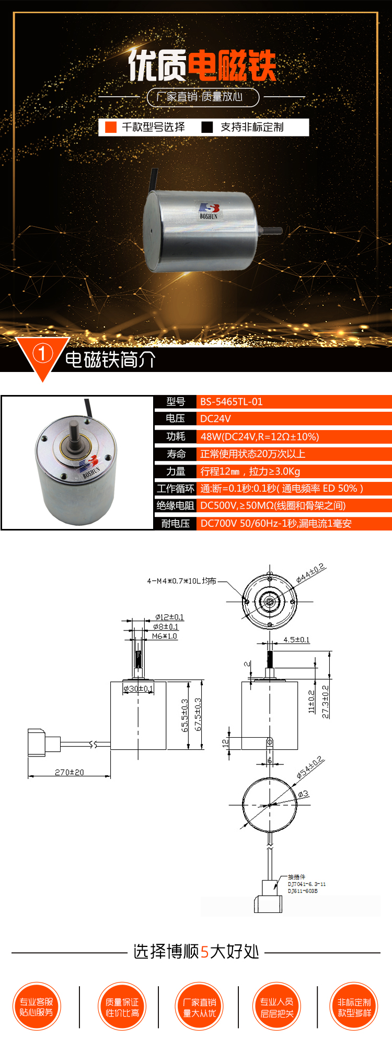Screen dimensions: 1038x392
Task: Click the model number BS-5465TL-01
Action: pos(231,402)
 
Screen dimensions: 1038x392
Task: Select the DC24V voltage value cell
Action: pos(215,419)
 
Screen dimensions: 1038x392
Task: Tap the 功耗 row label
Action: pos(176,436)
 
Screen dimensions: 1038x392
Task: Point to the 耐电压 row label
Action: pos(176,523)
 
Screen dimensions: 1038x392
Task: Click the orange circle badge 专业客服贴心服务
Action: pos(37,1007)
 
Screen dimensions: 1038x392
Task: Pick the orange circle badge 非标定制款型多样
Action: pos(354,1007)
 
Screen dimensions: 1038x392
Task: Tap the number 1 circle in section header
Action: pos(42,354)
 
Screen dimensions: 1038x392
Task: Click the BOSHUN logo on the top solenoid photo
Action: pos(209,210)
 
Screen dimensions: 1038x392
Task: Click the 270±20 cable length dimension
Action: pos(69,772)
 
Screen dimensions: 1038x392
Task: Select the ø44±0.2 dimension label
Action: pos(310,573)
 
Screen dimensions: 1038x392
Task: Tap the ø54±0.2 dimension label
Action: pos(310,767)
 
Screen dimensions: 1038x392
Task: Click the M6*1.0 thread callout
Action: pos(165,636)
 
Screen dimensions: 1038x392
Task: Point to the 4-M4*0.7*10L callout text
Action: pos(181,581)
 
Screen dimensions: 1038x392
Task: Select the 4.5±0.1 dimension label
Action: pos(296,639)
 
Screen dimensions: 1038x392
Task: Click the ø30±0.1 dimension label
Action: pos(138,689)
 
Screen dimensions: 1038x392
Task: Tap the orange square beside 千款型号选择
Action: pos(111,127)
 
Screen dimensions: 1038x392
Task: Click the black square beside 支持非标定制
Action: pos(207,127)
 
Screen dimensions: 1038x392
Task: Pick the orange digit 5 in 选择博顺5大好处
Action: pos(204,952)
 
